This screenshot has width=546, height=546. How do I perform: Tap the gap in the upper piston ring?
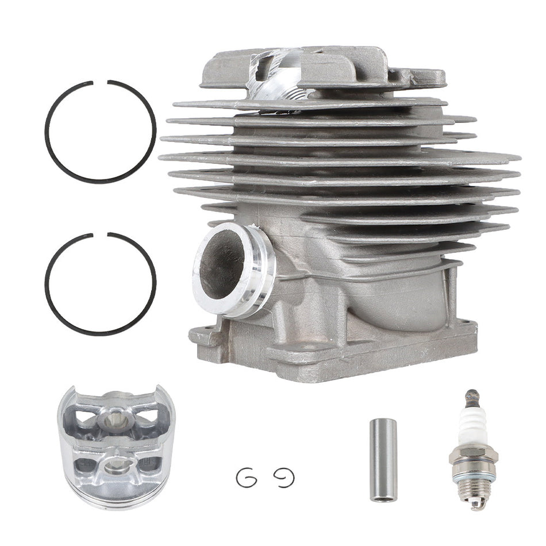pos(101,82)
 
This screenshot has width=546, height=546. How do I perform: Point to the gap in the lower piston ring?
pos(101,234)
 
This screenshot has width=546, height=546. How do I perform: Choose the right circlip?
pos(283,476)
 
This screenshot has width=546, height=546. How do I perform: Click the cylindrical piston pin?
pos(383,460)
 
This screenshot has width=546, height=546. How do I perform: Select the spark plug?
pos(474,448)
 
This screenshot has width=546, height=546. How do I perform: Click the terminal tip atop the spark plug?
pos(472,395)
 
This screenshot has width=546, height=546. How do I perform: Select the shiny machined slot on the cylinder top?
pos(276,75)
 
